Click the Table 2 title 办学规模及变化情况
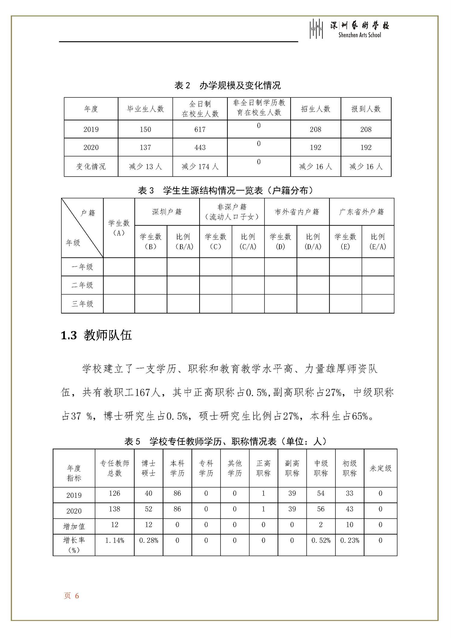pos(227,86)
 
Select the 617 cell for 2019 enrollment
pos(200,130)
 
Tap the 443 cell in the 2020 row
pos(200,147)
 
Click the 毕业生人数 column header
pos(145,109)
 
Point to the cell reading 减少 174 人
pos(200,166)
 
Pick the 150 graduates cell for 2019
pos(145,130)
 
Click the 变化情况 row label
pos(91,166)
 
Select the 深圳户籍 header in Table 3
pos(167,212)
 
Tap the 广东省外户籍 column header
pos(362,212)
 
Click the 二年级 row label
pos(82,285)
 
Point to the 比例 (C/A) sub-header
pos(248,242)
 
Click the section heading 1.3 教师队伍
pos(96,335)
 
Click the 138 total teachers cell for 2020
pos(114,509)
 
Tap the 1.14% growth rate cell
pos(114,541)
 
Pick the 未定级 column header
pos(380,468)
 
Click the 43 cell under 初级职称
pos(349,509)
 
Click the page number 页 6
pos(71,596)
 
